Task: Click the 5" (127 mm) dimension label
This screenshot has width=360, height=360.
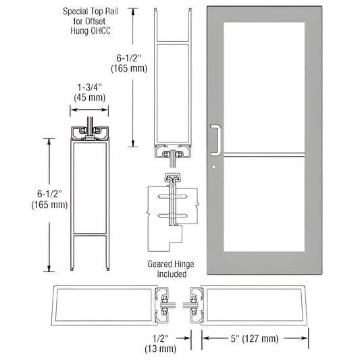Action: [256, 336]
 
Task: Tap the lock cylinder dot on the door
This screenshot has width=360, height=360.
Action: [211, 168]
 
